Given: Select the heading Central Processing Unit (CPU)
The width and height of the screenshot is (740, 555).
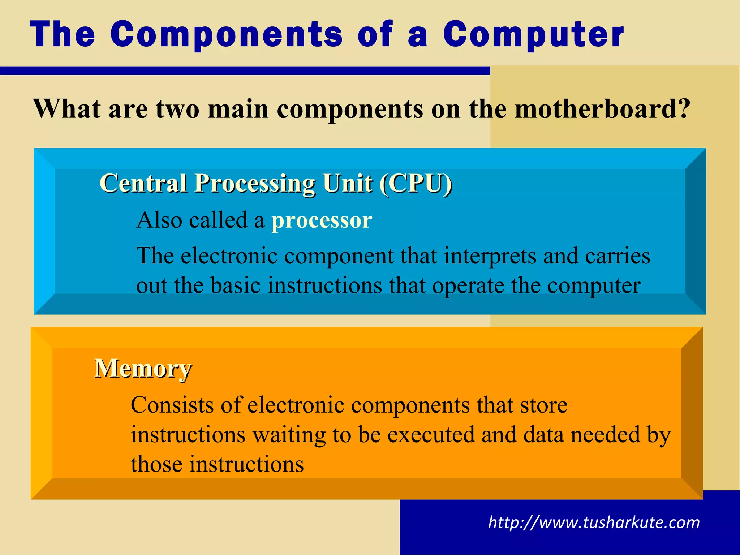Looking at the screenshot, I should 275,184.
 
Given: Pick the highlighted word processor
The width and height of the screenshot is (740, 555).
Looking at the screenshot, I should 322,220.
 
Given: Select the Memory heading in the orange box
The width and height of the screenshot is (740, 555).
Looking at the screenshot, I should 143,369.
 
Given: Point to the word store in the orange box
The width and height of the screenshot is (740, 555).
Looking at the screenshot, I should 543,405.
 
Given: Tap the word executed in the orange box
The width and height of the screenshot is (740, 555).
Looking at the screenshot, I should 431,435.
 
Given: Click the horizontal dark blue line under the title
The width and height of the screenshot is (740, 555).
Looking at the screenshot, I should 245,71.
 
